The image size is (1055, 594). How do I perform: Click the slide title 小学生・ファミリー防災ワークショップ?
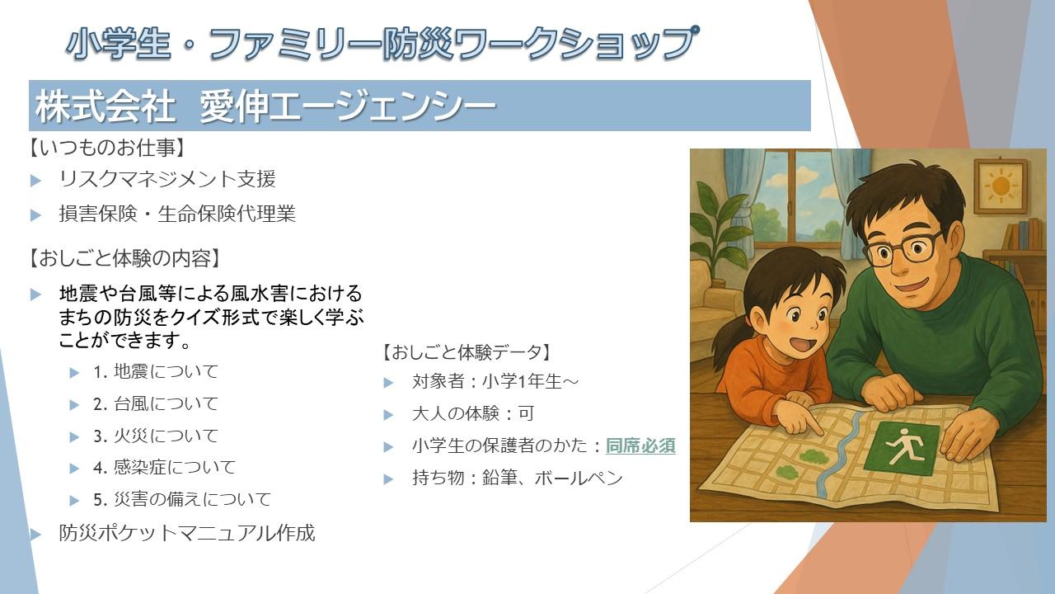click(x=382, y=44)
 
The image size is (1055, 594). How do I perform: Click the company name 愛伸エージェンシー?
click(x=348, y=106)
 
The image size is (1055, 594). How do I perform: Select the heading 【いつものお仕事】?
click(x=107, y=148)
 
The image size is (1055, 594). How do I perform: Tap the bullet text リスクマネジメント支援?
click(x=167, y=179)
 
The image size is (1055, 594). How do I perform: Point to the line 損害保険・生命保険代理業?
click(x=177, y=214)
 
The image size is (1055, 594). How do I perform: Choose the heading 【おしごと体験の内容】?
click(x=124, y=258)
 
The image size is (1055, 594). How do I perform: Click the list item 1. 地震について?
click(x=156, y=372)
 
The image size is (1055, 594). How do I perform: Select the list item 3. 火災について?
click(x=156, y=436)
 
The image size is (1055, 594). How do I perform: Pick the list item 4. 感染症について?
click(x=164, y=467)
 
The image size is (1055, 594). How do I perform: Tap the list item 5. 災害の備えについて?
click(x=182, y=499)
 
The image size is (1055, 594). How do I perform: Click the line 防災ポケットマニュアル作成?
click(x=186, y=533)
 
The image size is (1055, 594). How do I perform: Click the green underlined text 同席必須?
click(x=640, y=445)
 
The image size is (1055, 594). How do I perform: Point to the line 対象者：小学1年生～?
click(x=495, y=381)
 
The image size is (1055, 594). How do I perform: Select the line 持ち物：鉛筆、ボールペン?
click(x=518, y=478)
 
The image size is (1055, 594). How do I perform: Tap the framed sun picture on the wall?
click(x=1001, y=186)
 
